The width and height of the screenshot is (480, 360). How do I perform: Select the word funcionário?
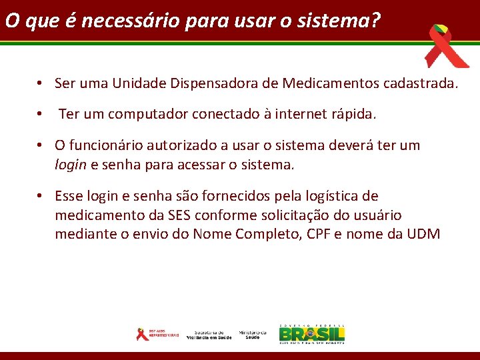(x=112, y=145)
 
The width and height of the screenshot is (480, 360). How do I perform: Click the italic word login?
(x=70, y=165)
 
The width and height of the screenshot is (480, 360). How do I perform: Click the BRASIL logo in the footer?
(x=312, y=334)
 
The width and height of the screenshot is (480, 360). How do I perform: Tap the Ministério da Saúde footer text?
(x=253, y=335)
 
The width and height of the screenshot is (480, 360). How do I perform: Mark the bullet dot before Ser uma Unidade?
(x=41, y=84)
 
